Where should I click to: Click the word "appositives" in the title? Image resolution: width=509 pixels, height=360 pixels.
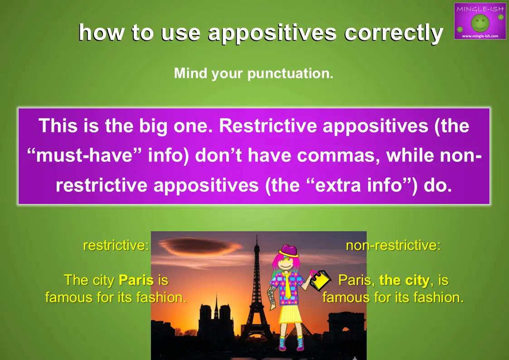tap(272, 34)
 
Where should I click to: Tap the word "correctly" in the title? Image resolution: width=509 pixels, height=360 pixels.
tap(393, 34)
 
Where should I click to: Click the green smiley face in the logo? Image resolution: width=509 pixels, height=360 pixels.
tap(480, 23)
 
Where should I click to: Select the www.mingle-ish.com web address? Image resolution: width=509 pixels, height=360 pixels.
tap(480, 36)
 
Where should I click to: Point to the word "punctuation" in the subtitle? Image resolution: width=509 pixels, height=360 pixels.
tap(290, 74)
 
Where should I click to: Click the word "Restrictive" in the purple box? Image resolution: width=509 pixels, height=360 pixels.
tap(268, 126)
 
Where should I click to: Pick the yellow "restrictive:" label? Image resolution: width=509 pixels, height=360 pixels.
tap(116, 245)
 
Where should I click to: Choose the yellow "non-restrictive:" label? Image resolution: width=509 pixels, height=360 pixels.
tap(393, 245)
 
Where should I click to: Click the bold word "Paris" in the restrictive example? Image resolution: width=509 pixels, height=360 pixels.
tap(136, 280)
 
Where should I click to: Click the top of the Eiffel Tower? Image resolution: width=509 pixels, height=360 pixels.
tap(257, 236)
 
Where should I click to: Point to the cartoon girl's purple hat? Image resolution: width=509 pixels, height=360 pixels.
tap(288, 251)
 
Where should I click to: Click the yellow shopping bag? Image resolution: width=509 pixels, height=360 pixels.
tap(320, 280)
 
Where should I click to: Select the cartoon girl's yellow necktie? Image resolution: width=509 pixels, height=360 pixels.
tap(287, 285)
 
